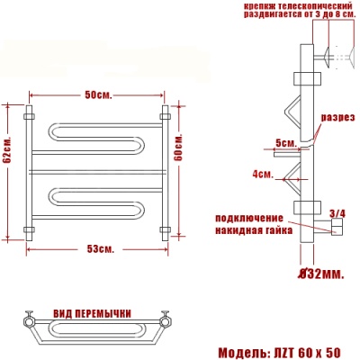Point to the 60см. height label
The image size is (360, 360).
coord(178,146)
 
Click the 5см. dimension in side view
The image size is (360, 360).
coord(286,143)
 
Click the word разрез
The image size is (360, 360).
coord(337,117)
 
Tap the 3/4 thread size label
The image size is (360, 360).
coord(337,213)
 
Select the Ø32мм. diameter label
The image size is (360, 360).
coord(320,271)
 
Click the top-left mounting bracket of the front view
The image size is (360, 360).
coord(31,115)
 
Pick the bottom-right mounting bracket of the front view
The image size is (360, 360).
coord(165,228)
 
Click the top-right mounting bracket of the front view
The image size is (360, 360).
coord(165,115)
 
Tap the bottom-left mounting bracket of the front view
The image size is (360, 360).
coord(31,228)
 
